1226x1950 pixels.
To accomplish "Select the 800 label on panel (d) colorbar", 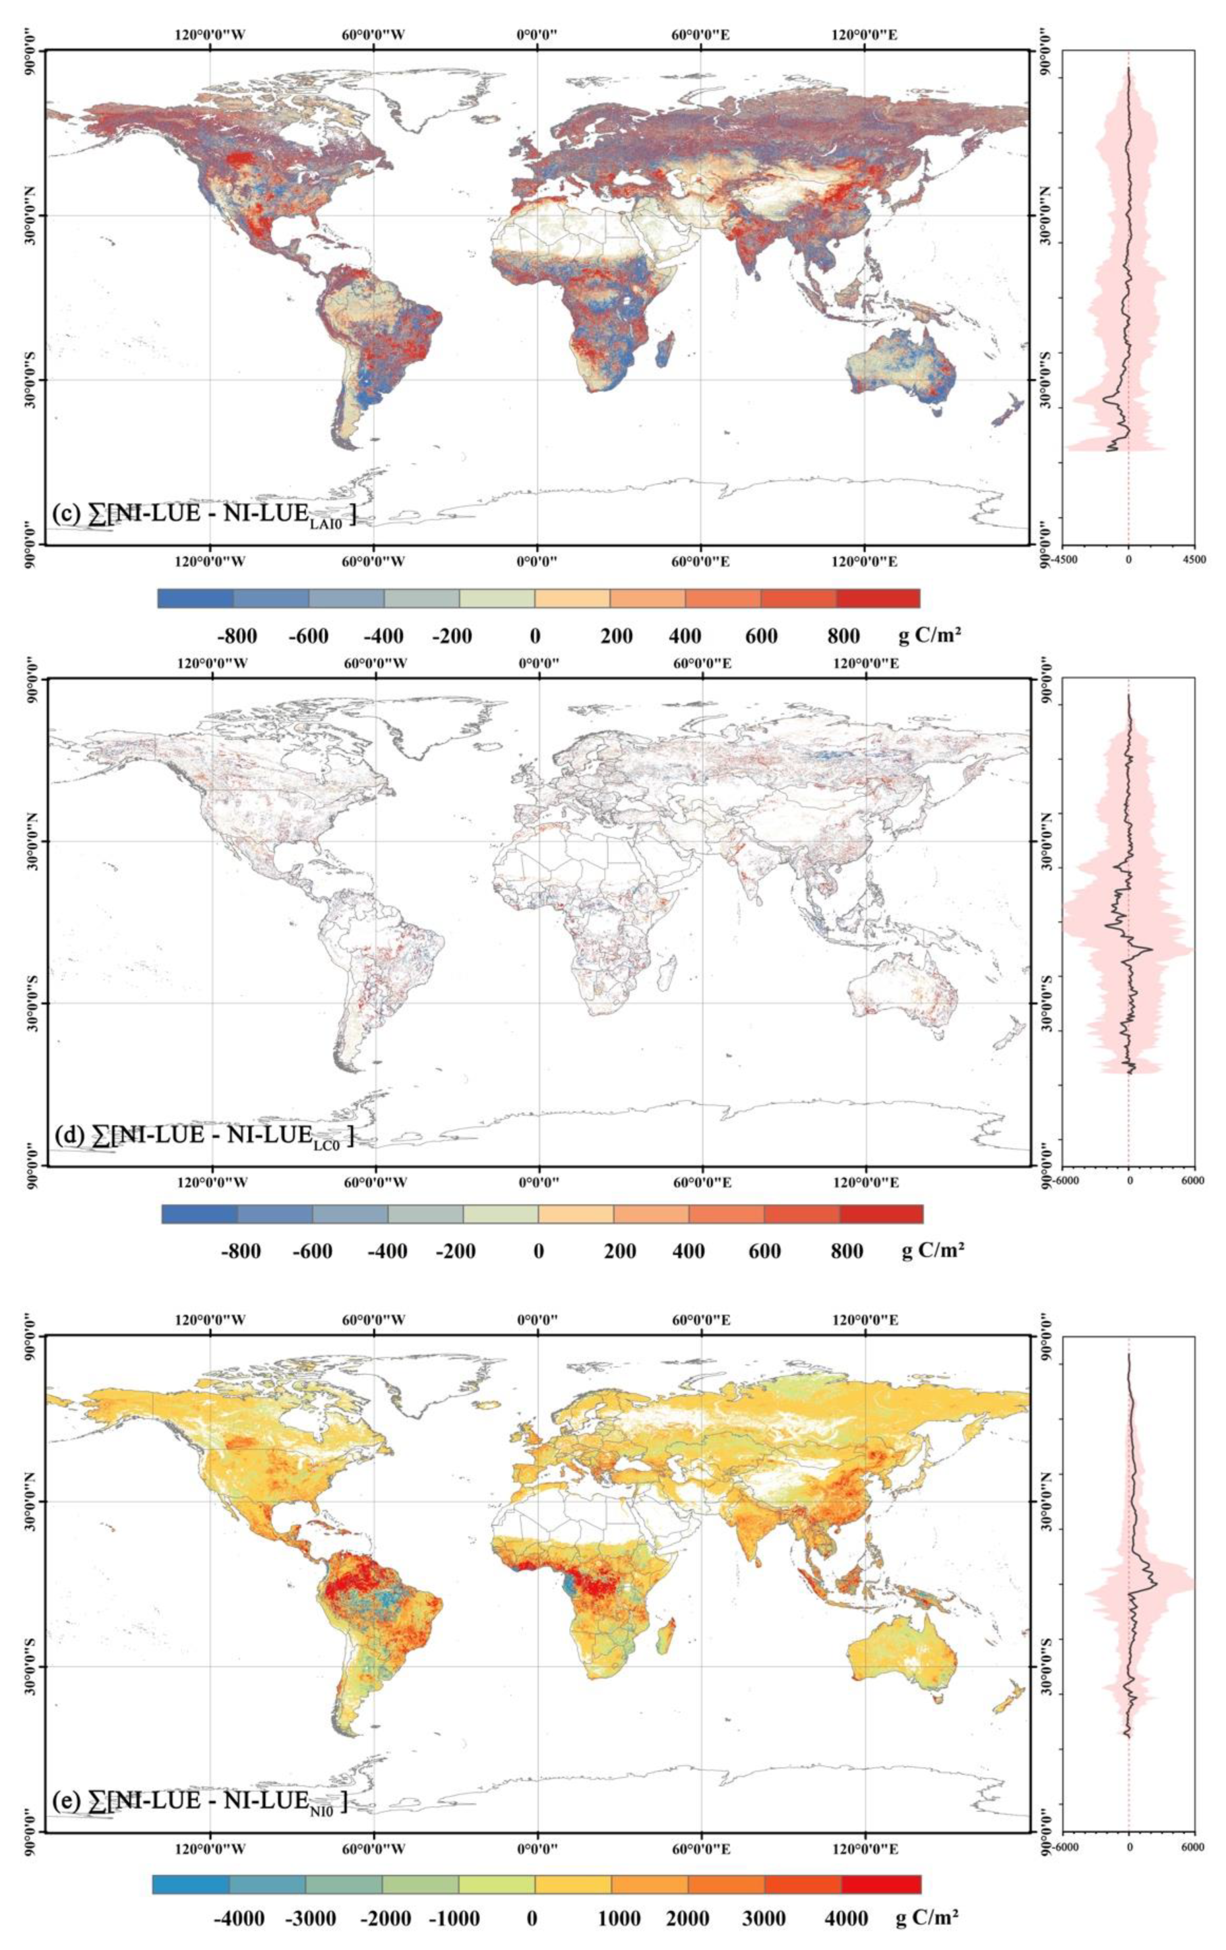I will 846,1251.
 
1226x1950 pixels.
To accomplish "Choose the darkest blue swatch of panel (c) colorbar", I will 195,598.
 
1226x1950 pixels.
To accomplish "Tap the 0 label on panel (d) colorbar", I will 538,1251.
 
